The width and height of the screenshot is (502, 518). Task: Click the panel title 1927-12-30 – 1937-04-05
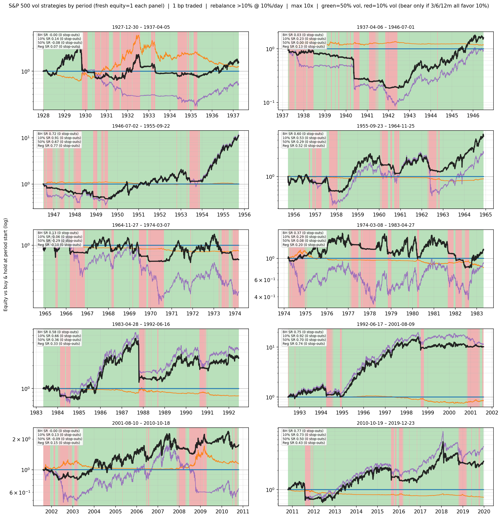[141, 27]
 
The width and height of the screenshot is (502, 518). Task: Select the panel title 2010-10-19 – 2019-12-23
[385, 423]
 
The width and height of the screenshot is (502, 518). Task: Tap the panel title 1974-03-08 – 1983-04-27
[385, 225]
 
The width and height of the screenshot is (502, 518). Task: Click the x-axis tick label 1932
[128, 115]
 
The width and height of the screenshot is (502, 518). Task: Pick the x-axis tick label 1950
[117, 215]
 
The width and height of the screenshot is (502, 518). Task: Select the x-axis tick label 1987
[122, 413]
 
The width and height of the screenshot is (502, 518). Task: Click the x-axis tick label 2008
[179, 511]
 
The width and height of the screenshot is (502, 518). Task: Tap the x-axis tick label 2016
[399, 511]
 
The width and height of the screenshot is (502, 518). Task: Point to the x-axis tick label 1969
[129, 313]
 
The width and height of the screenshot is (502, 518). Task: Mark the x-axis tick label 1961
[400, 215]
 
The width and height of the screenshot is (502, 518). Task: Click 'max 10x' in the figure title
[302, 6]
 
